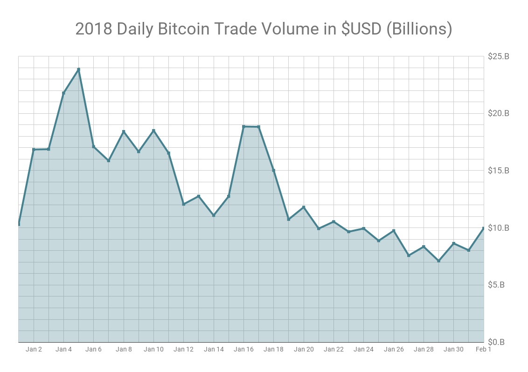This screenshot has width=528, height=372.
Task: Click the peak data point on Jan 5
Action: tap(78, 69)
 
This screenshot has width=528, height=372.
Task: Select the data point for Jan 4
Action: tap(63, 93)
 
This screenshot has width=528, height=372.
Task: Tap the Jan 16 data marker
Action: tap(243, 126)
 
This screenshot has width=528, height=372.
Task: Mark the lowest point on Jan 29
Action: tap(438, 261)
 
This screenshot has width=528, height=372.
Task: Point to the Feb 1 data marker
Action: tap(483, 228)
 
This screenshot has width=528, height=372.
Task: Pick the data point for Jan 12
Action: tap(183, 204)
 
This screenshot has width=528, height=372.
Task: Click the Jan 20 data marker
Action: tap(304, 207)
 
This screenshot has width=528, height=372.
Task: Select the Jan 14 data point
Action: tap(214, 215)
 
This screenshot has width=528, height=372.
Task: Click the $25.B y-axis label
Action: tap(499, 56)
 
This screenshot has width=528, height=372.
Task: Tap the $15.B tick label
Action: tap(499, 171)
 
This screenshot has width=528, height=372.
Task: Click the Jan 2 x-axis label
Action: tap(34, 349)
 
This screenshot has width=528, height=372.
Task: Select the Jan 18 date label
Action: tap(273, 349)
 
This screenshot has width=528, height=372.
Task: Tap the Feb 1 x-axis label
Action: tap(483, 349)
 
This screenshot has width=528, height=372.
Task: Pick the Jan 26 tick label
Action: tap(394, 349)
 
